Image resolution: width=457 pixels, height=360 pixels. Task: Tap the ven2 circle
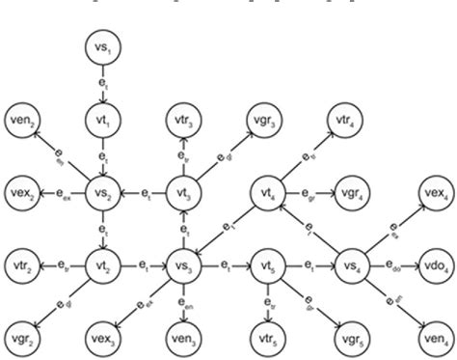click(24, 117)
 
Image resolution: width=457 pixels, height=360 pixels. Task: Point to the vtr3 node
click(183, 117)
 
